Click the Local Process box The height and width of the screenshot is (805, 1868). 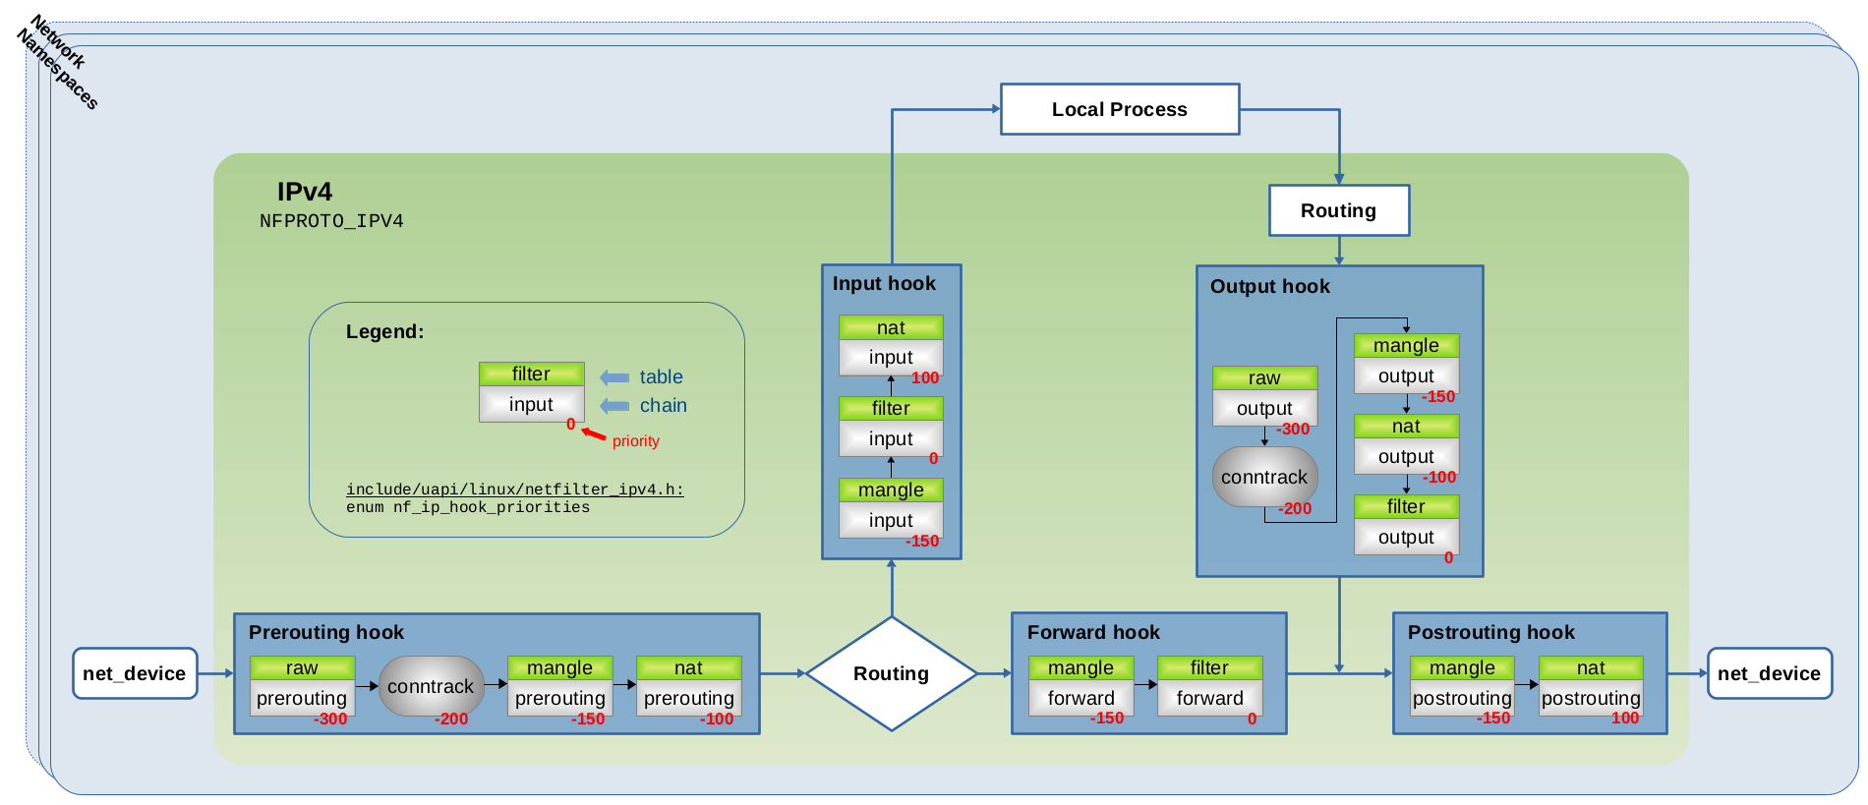tap(1119, 109)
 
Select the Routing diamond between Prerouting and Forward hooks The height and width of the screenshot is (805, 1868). tap(891, 673)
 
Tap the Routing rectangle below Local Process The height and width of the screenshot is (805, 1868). tap(1338, 210)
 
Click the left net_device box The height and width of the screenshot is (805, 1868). tap(135, 673)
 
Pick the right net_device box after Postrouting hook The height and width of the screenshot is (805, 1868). tap(1769, 673)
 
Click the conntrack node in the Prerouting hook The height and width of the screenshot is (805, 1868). tap(431, 686)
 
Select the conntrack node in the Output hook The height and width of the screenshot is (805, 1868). tap(1264, 477)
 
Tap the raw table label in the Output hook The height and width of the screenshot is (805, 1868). tap(1264, 377)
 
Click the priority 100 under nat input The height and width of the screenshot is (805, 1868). tap(925, 378)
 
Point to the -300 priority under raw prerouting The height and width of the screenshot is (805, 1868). tap(330, 719)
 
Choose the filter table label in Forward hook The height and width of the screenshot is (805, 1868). tap(1209, 667)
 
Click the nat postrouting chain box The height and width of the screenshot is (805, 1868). tap(1591, 698)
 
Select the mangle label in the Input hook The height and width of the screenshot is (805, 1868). tap(891, 489)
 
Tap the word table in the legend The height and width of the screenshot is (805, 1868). tap(661, 376)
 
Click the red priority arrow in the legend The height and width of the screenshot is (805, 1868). tap(593, 433)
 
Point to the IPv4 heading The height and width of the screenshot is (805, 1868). tap(304, 191)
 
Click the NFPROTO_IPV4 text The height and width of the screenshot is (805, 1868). tap(331, 221)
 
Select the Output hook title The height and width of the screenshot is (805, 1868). tap(1269, 286)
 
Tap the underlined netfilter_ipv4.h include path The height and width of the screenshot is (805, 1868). tap(514, 489)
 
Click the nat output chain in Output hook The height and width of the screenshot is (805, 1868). tap(1406, 456)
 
